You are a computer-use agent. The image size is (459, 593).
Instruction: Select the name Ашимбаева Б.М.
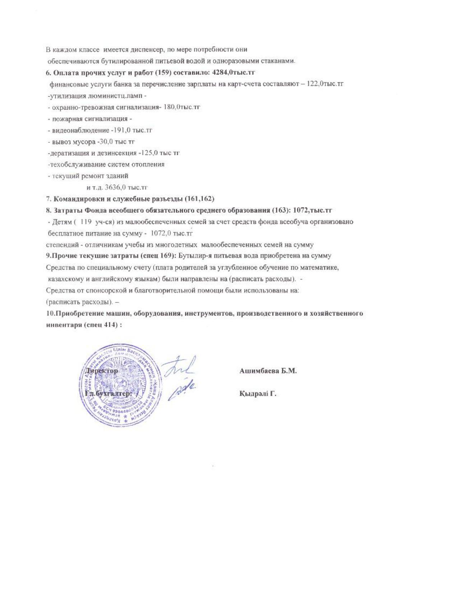coord(268,371)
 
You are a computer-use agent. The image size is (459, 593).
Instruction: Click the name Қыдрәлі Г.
coord(258,394)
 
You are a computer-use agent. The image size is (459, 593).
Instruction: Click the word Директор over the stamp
coord(101,371)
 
